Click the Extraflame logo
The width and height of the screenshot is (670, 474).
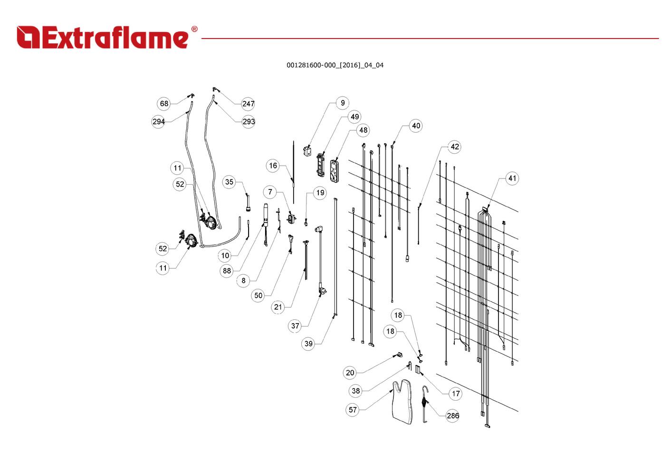[107, 37]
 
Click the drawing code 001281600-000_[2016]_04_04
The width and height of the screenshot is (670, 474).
[335, 65]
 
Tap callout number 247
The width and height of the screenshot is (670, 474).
[248, 104]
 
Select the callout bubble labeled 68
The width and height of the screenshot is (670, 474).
[164, 104]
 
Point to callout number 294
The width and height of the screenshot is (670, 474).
[158, 122]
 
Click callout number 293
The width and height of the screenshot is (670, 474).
[249, 122]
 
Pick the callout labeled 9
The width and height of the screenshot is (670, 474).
[343, 103]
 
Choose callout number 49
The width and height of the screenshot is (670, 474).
[355, 117]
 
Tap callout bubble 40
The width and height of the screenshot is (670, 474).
[416, 126]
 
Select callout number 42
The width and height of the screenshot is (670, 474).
[455, 147]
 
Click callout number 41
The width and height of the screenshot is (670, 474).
[512, 178]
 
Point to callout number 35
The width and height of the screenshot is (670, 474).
[229, 182]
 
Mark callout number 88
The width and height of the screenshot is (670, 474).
[227, 271]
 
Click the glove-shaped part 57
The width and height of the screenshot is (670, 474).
[402, 402]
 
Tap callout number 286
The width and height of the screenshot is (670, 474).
[452, 415]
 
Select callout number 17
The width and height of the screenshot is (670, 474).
[456, 394]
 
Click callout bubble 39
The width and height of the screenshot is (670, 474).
[308, 344]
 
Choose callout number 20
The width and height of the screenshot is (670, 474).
[350, 373]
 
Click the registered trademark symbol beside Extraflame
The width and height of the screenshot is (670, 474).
[194, 29]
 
